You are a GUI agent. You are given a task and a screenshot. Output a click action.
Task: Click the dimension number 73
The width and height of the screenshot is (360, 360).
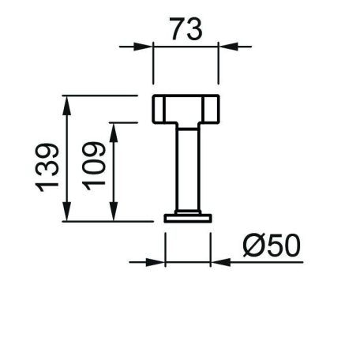click(x=186, y=29)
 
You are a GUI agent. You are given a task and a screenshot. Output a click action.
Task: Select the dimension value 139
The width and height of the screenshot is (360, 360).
click(x=47, y=167)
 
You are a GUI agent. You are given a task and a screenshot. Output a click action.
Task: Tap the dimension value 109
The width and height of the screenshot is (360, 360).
click(x=94, y=166)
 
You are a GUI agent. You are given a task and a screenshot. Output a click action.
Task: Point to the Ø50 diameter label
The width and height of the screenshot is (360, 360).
click(x=272, y=246)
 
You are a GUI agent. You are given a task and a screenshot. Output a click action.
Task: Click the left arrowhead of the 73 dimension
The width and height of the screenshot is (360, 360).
click(x=143, y=47)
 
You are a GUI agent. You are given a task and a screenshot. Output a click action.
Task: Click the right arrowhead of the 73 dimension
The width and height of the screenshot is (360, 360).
click(x=228, y=47)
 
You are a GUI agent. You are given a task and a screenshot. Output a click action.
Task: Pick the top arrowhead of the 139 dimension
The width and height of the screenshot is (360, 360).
click(x=67, y=105)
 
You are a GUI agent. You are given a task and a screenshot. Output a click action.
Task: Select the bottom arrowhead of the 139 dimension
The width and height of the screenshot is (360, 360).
click(x=67, y=212)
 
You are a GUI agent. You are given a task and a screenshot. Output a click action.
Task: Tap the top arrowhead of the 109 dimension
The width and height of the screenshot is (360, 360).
click(x=114, y=133)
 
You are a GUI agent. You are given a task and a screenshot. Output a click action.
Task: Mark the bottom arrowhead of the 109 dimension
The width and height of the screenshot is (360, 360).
click(x=114, y=212)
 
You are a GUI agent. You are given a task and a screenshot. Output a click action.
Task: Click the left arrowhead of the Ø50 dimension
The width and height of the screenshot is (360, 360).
click(x=156, y=262)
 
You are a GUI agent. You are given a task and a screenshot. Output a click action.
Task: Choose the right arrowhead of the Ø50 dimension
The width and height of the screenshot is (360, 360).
click(x=221, y=262)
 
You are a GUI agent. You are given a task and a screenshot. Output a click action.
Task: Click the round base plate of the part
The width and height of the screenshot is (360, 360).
click(x=188, y=219)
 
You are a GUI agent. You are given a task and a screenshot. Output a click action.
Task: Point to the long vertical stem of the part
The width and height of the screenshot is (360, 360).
click(x=188, y=169)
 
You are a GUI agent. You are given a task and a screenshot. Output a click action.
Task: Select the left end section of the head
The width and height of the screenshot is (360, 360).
click(x=159, y=109)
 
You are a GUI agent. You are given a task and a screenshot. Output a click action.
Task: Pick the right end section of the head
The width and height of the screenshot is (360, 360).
click(x=212, y=109)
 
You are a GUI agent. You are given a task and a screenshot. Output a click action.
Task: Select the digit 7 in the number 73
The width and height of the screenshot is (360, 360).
click(x=178, y=29)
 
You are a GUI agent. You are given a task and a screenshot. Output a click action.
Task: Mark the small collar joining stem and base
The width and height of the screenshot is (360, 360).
click(x=188, y=212)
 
